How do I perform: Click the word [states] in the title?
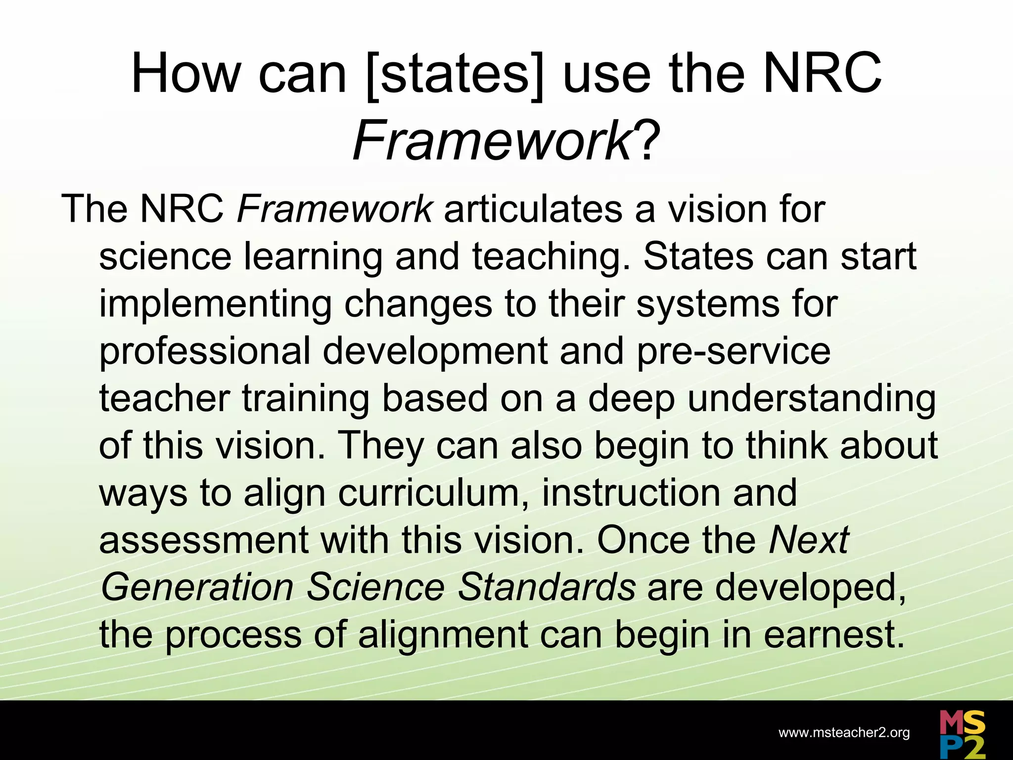point(454,75)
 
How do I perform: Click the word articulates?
point(533,209)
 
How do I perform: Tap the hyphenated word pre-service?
point(734,352)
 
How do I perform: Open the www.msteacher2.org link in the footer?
point(844,733)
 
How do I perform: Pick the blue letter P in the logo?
point(950,748)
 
